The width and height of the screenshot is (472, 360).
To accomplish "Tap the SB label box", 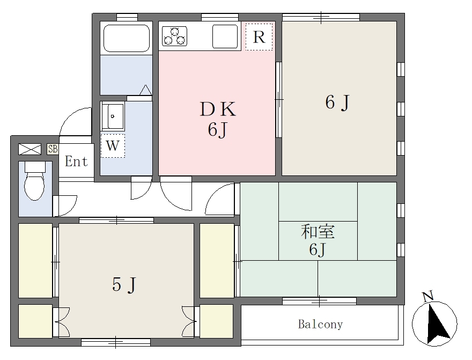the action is [x=53, y=149].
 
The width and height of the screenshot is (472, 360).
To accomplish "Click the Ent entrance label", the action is [x=76, y=161].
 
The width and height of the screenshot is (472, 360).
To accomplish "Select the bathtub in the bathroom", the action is [x=127, y=38].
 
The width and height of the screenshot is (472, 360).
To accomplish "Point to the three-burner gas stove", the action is [x=175, y=36].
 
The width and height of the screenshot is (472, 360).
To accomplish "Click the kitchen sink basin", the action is [x=225, y=36].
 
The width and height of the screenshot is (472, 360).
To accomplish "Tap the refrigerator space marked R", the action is [x=259, y=36].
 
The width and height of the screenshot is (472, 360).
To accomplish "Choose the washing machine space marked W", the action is [x=113, y=146].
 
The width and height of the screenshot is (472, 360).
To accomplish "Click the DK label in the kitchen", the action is [x=218, y=109].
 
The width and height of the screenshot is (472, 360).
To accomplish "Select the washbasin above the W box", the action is [x=112, y=116].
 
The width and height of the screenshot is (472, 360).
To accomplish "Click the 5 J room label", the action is [x=124, y=284].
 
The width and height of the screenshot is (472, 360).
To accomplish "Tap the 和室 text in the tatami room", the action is [x=318, y=232].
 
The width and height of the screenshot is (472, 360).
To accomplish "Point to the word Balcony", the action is [x=320, y=324].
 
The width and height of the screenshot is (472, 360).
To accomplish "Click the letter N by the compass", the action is [x=428, y=296].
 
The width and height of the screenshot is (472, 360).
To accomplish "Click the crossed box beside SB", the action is [x=29, y=149].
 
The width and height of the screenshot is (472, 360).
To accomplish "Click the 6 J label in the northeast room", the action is [x=337, y=102].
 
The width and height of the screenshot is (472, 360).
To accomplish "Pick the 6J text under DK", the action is [x=217, y=130].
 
